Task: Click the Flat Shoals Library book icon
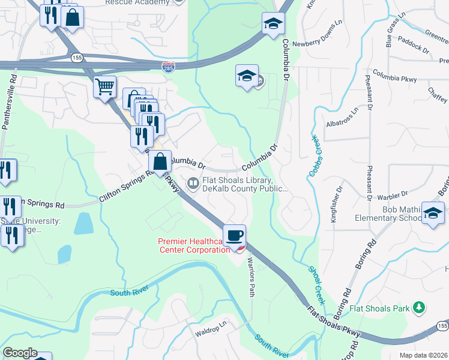pos(193,183)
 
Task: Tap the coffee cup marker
pos(234,235)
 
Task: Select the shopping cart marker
pos(105,88)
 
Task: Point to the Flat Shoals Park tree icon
pos(420,308)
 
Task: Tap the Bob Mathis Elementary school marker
pos(432,214)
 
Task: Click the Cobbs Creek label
pos(315,155)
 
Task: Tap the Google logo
pos(20,353)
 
